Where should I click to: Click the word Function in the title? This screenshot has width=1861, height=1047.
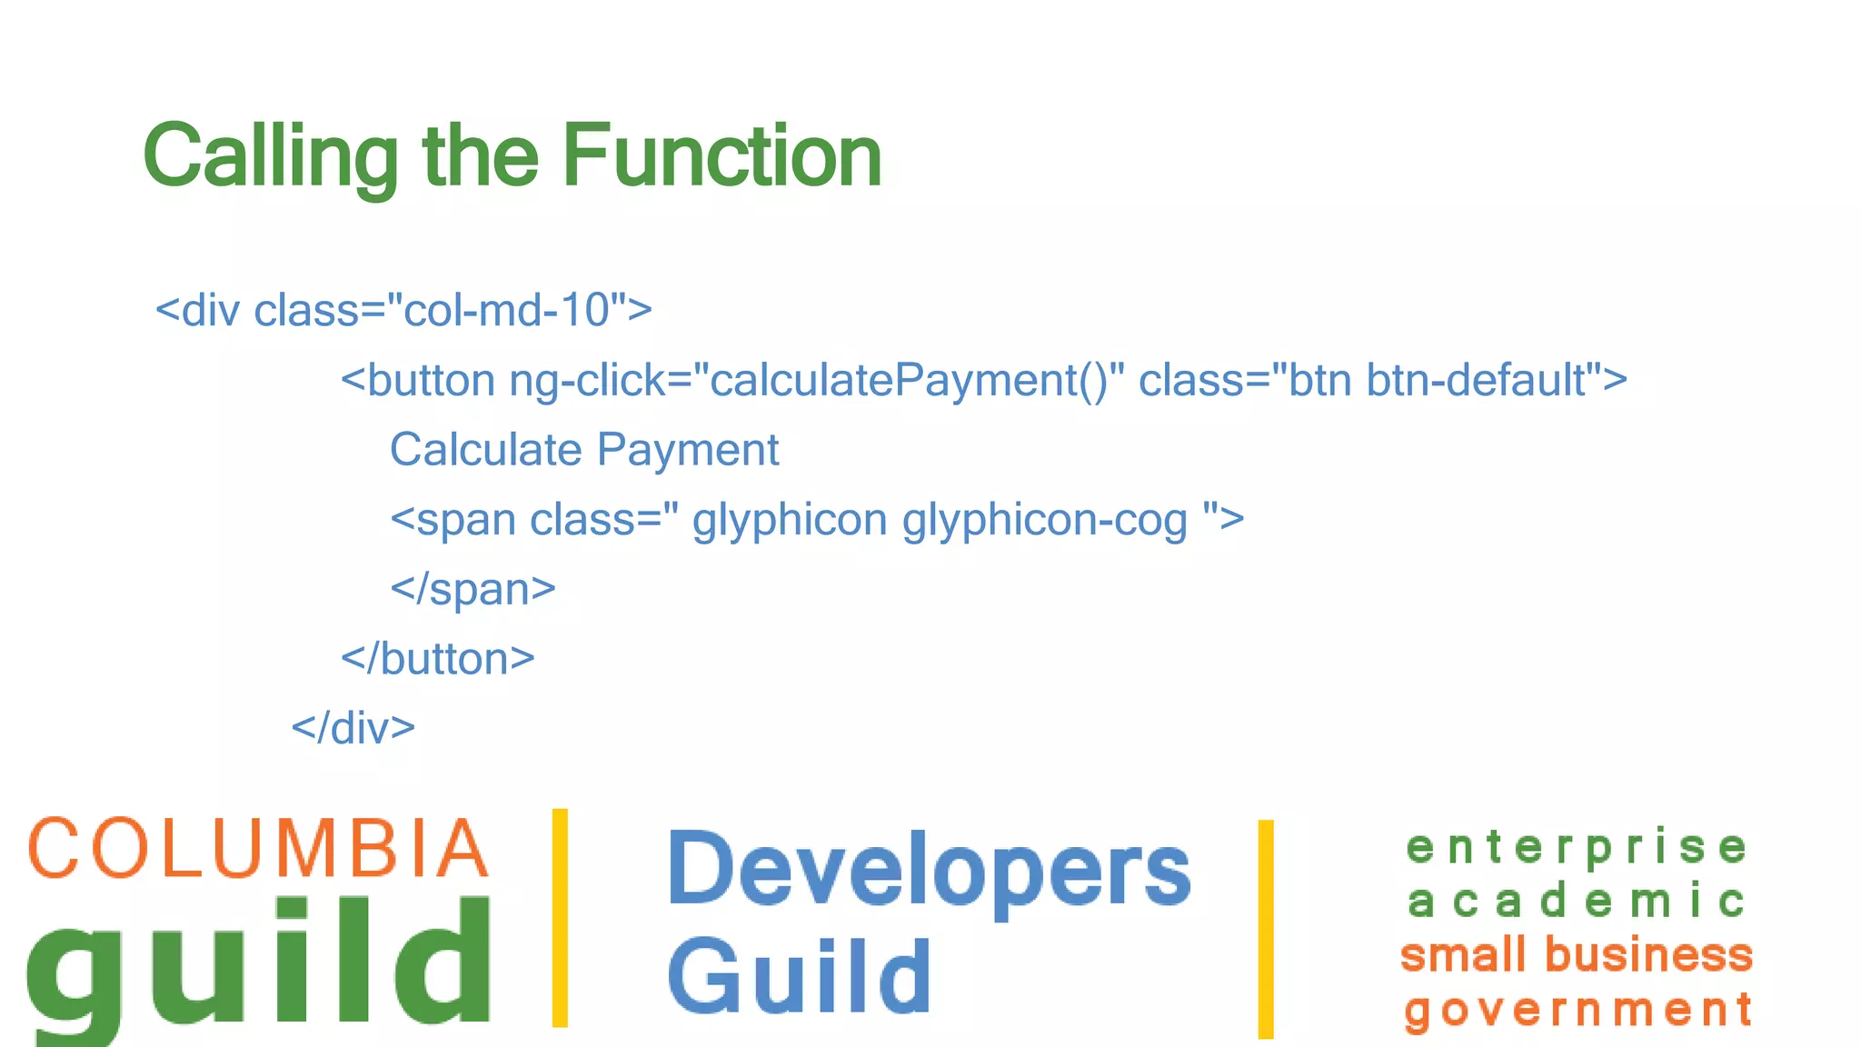(x=722, y=156)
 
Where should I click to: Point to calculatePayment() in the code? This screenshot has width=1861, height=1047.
(x=909, y=381)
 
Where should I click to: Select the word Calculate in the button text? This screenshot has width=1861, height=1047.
(x=485, y=450)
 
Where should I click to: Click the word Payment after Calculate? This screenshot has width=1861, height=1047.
(x=688, y=450)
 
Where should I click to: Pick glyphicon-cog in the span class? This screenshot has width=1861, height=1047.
(x=1045, y=520)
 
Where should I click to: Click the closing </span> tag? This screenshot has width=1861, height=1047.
(x=473, y=589)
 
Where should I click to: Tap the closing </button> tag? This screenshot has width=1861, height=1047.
(x=437, y=659)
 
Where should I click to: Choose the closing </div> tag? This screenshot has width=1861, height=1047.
(x=353, y=728)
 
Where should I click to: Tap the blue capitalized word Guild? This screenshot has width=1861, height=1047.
(x=800, y=977)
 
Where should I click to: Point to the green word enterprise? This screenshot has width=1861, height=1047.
(x=1577, y=848)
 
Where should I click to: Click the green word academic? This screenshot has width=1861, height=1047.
(x=1577, y=902)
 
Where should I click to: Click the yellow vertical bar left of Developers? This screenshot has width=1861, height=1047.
(x=560, y=918)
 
